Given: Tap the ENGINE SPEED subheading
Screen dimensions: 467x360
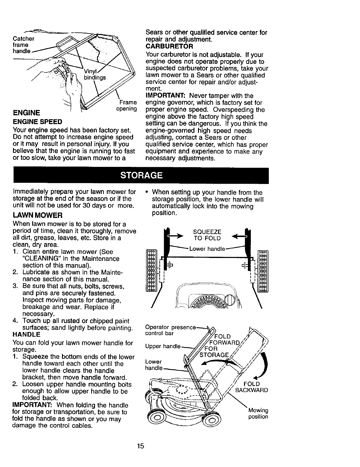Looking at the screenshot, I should [x=37, y=122].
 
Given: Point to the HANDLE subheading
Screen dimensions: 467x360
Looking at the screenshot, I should [x=27, y=335].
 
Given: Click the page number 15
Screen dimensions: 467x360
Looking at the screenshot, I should [x=140, y=446].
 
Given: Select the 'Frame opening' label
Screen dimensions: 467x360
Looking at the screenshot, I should [x=127, y=106].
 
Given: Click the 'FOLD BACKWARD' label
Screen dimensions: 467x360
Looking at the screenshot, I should [x=252, y=387].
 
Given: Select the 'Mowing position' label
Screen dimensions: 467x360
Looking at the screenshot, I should [x=258, y=413].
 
